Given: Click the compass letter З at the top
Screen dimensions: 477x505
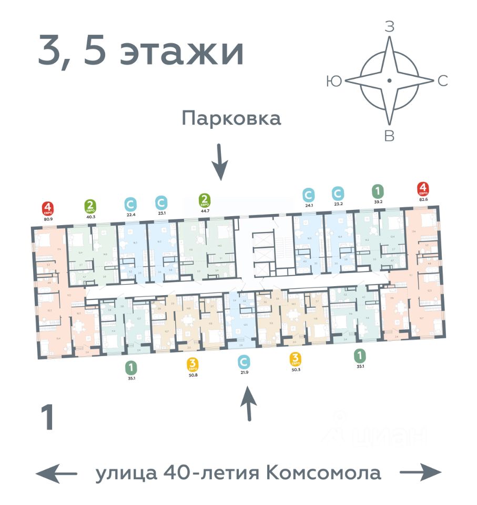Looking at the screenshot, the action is click(x=389, y=28).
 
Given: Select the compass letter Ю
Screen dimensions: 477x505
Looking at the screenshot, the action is click(x=332, y=81).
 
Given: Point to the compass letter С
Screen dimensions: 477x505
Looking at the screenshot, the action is click(x=443, y=81).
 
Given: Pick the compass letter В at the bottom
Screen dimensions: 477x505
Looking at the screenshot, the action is click(x=389, y=137).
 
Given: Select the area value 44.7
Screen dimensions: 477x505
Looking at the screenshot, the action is click(x=205, y=210).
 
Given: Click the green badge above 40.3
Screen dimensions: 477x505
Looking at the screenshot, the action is click(x=90, y=205).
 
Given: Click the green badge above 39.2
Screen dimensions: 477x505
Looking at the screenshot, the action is click(x=377, y=190).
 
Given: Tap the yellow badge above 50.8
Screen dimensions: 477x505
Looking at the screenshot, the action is click(x=193, y=363).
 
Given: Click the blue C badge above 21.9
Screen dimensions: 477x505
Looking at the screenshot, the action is click(x=243, y=362).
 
